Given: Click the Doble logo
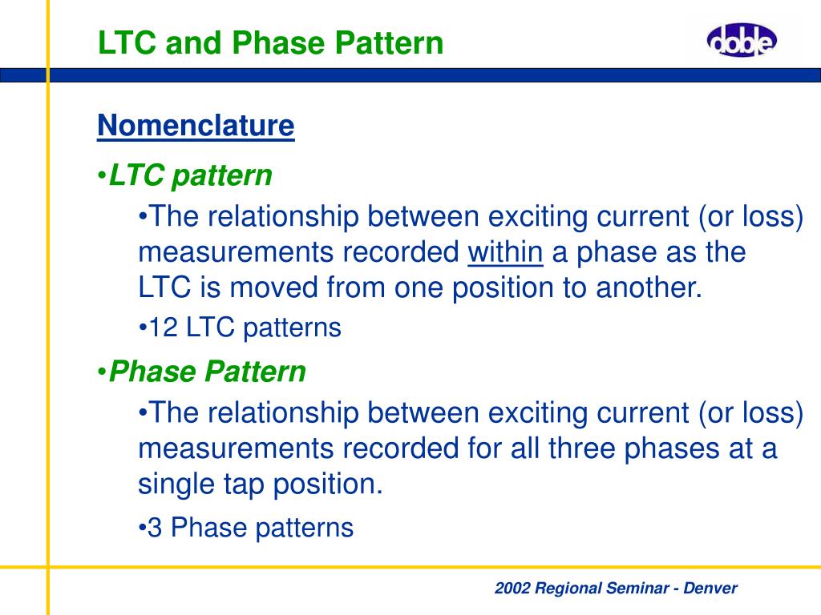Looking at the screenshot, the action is pos(742,40).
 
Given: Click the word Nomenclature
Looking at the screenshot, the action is pos(196,126).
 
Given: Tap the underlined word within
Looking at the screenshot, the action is pos(505,252).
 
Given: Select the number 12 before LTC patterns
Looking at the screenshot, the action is pos(164,328).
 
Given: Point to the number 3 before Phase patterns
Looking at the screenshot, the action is pos(155,528).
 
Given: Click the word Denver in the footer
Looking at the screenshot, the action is pos(710,588).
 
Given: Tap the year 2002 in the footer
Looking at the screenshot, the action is pos(512,588).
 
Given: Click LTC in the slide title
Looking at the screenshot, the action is pos(127,43).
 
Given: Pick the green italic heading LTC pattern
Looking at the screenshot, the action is pos(191,175).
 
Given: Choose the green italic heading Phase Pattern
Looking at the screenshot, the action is pos(208,372).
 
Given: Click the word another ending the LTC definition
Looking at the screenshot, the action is pos(649,287).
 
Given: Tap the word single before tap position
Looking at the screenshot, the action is pos(176,484).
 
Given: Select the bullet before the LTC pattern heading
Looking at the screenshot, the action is pos(102,176).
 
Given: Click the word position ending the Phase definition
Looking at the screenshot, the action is pos(328,484).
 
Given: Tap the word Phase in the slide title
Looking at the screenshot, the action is pos(279,43).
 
